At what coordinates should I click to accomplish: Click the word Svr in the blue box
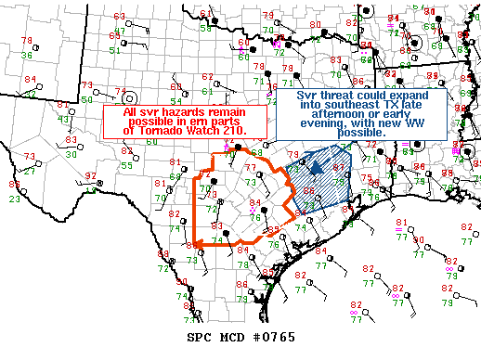point(307,96)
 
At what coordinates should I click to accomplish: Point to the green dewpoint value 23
point(15,198)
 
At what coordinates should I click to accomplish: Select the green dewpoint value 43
point(63,118)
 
